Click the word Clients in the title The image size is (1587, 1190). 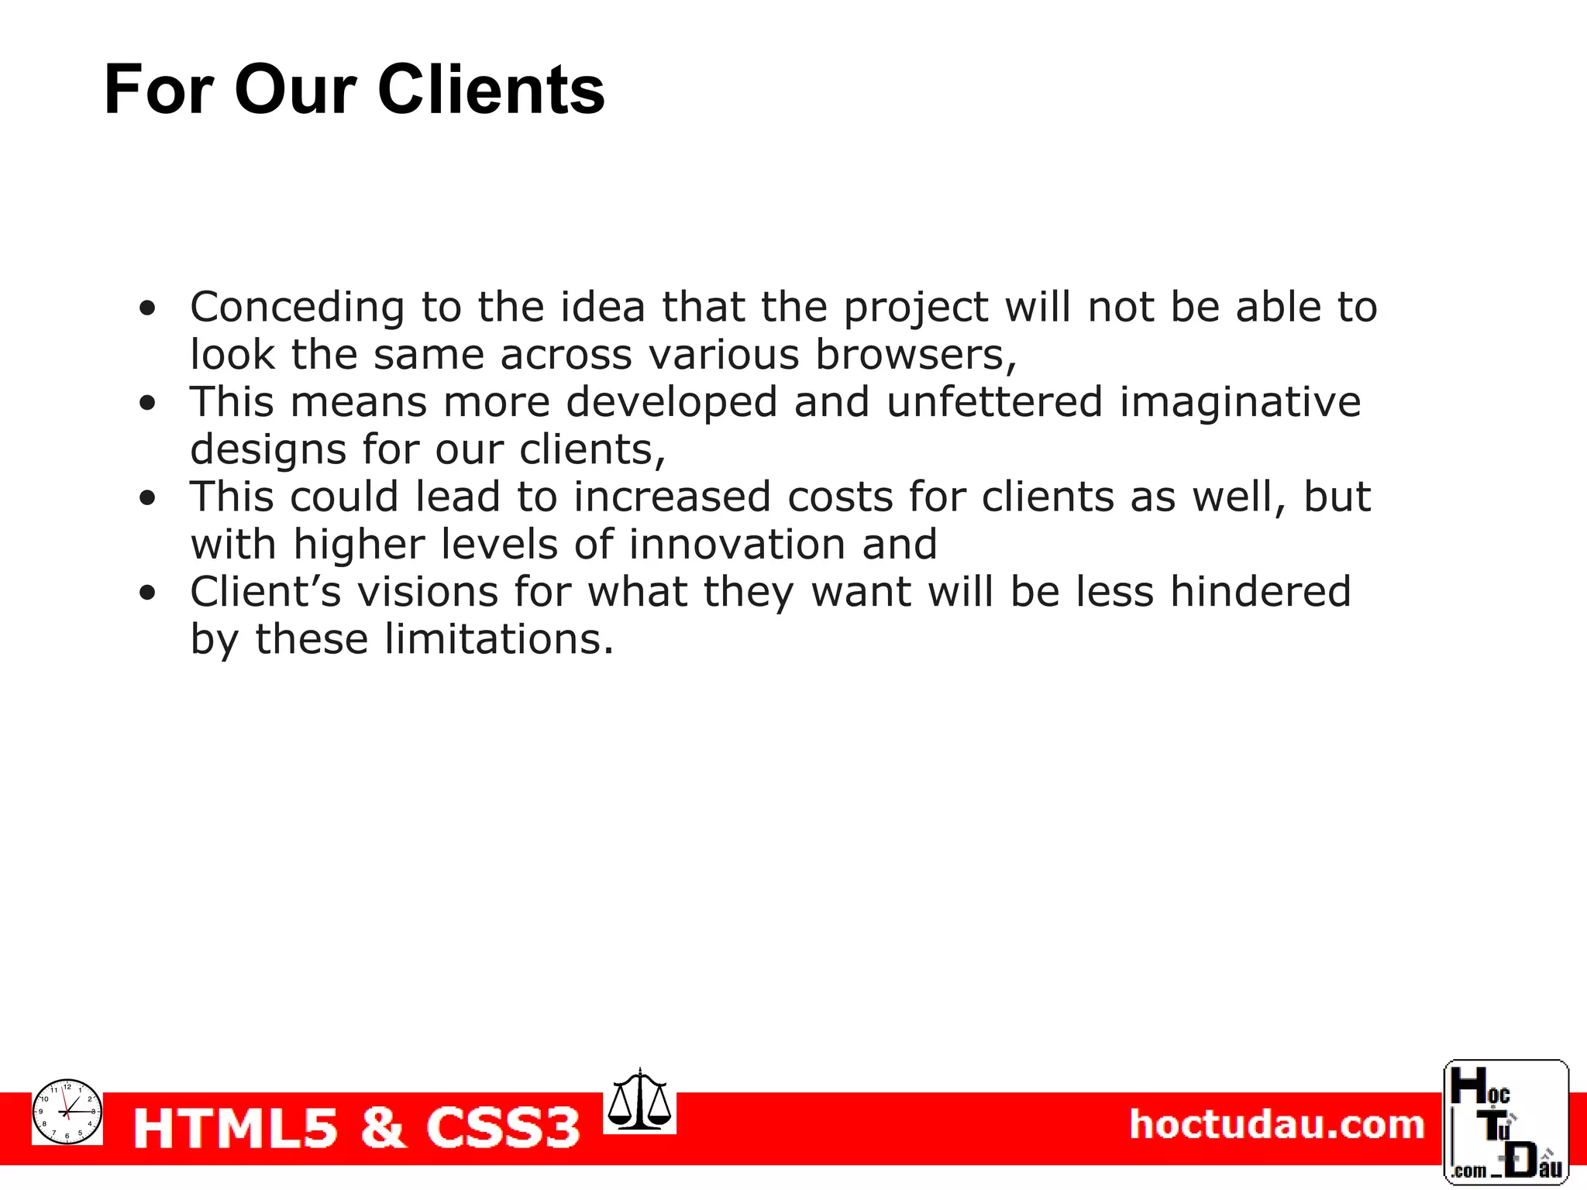tap(491, 90)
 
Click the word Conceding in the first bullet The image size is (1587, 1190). tap(297, 308)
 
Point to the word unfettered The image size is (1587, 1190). tap(994, 402)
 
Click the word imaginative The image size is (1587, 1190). tap(1240, 404)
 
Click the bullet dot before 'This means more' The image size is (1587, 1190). tap(147, 403)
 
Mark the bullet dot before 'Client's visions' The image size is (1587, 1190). tap(147, 593)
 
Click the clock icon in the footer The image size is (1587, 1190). tap(67, 1111)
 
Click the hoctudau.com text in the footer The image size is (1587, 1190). tap(1276, 1124)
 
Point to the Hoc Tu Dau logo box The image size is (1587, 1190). tap(1506, 1121)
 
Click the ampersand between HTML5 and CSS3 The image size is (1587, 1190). tap(383, 1127)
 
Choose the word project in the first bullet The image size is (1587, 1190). tap(915, 308)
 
